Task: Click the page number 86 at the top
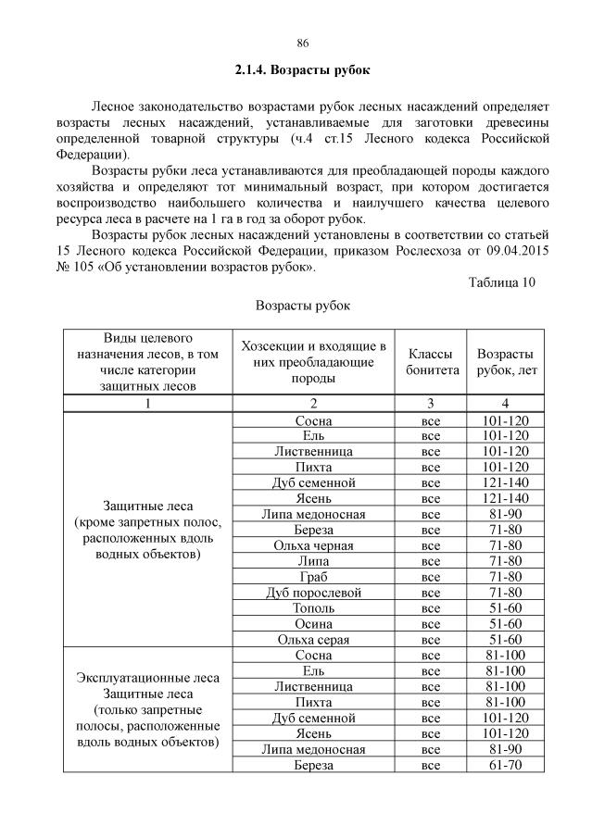(302, 43)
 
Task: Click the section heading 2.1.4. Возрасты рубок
(302, 70)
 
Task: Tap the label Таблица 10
(502, 282)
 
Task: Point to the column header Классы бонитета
(432, 362)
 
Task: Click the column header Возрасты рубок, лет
(505, 362)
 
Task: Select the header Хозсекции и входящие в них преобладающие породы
(313, 362)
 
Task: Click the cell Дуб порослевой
(314, 592)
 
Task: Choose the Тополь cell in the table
(314, 607)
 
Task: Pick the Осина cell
(314, 623)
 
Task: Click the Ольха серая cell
(314, 639)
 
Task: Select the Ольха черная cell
(314, 544)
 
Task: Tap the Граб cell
(314, 576)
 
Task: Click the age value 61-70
(505, 765)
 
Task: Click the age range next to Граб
(505, 576)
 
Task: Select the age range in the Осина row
(505, 623)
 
